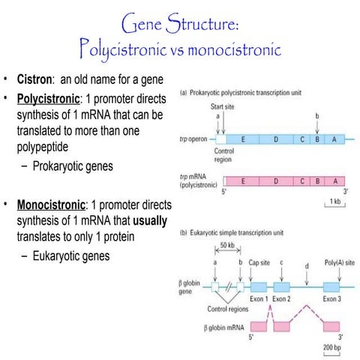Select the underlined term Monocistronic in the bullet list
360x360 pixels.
coord(53,205)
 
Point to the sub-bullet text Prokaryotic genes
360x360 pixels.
coord(73,166)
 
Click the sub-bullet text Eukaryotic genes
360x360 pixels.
coord(71,256)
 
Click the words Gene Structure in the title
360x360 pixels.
coord(179,25)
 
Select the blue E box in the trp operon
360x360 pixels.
coord(243,139)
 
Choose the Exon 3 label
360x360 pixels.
coord(332,297)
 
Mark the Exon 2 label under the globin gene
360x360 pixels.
coord(282,297)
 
